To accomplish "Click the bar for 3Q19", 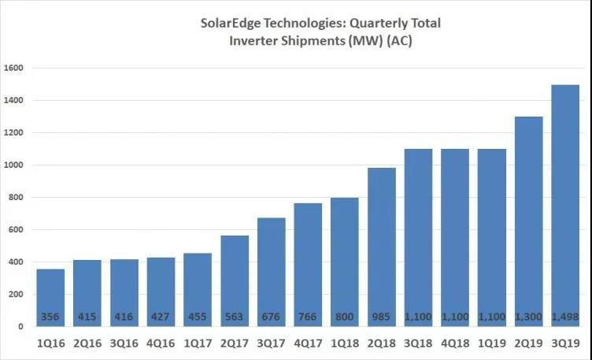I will [564, 205].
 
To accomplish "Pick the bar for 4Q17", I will [308, 264].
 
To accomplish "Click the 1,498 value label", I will [564, 317].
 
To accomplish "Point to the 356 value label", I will [51, 317].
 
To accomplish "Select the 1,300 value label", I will [528, 317].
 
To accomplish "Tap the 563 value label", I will [235, 317].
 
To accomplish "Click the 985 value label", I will [382, 317].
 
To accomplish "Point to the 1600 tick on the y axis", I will [16, 69].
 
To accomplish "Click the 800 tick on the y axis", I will [18, 198].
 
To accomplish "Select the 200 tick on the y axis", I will [18, 295].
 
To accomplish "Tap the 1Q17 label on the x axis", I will [198, 343].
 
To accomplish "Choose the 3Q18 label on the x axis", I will [418, 343].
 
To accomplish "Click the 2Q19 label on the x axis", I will [528, 343].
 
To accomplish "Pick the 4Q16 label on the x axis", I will [161, 343].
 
